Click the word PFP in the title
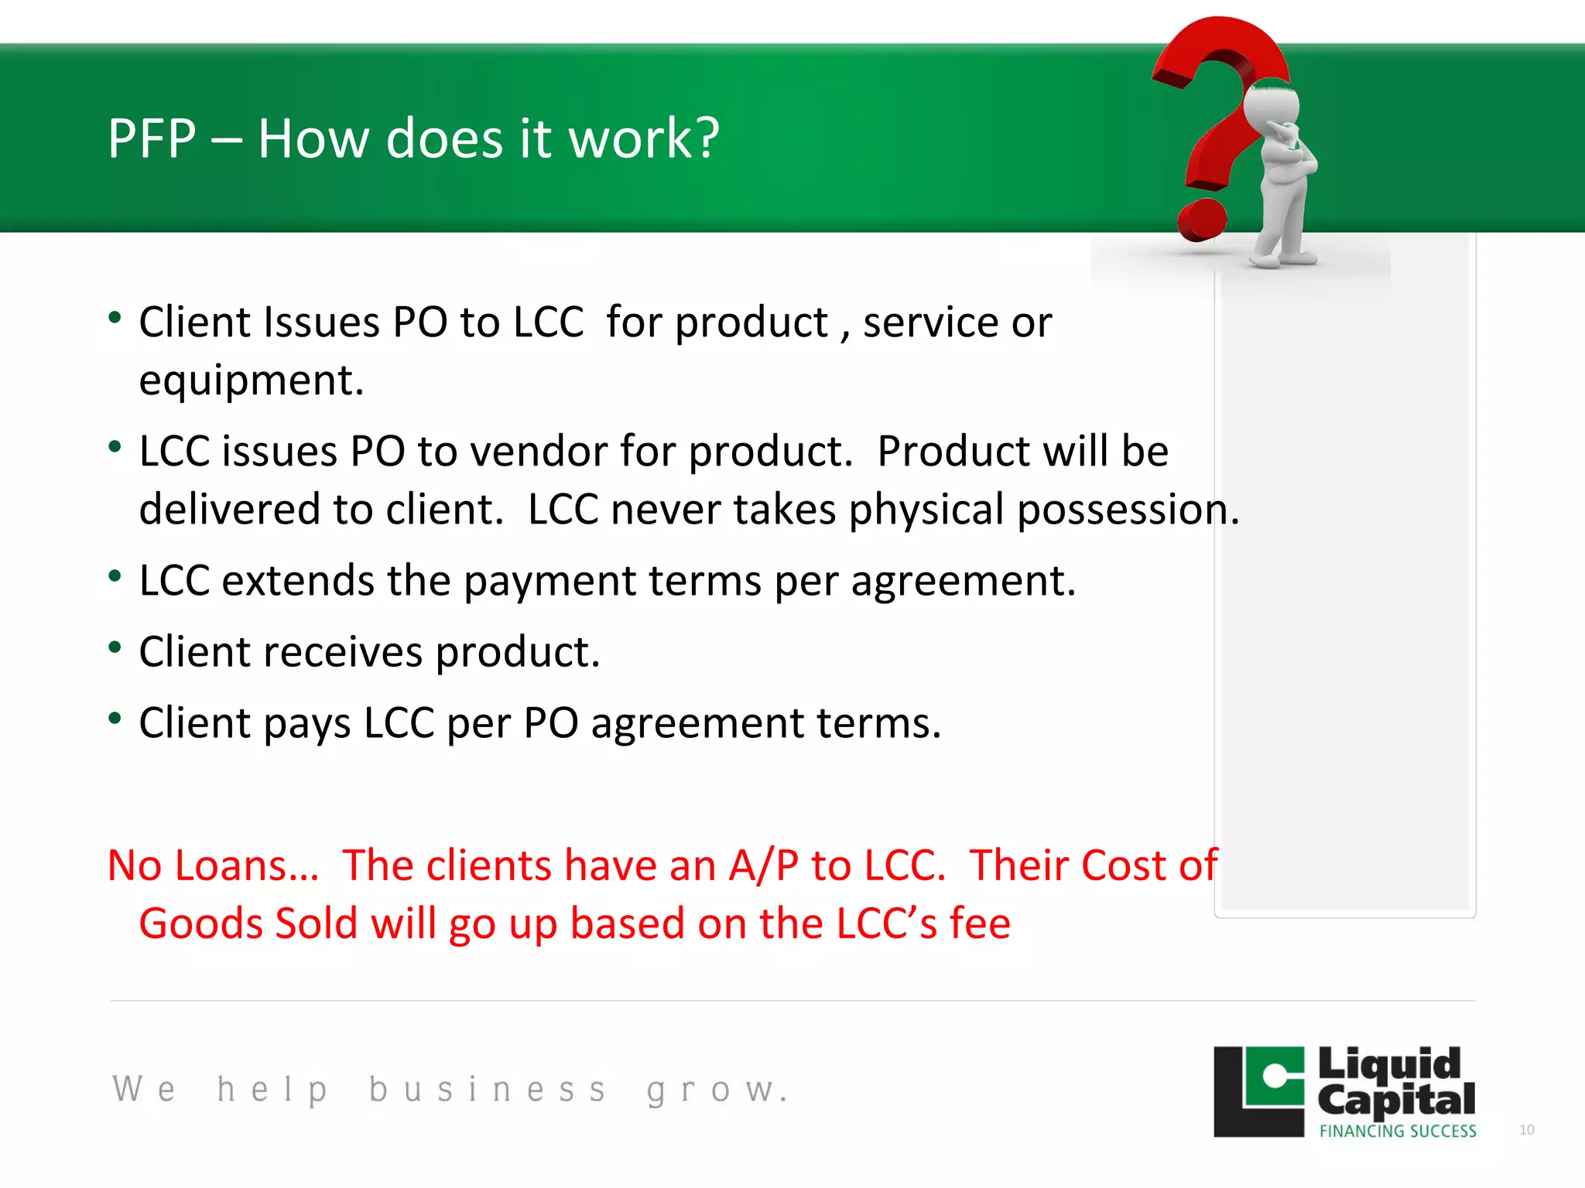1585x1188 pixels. pyautogui.click(x=152, y=139)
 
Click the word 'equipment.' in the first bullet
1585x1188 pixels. pyautogui.click(x=252, y=381)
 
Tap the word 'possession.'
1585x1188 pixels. pyautogui.click(x=1128, y=510)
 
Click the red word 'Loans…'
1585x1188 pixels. pyautogui.click(x=246, y=865)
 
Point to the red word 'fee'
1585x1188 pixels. pyautogui.click(x=980, y=923)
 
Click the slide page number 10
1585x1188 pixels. pyautogui.click(x=1526, y=1130)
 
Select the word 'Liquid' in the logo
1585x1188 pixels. pyautogui.click(x=1389, y=1065)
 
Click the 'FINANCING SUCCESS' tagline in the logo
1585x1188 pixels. pyautogui.click(x=1398, y=1131)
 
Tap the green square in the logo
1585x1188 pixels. pyautogui.click(x=1273, y=1076)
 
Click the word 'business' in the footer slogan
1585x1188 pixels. pyautogui.click(x=488, y=1090)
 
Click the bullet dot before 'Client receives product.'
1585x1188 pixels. pyautogui.click(x=115, y=647)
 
